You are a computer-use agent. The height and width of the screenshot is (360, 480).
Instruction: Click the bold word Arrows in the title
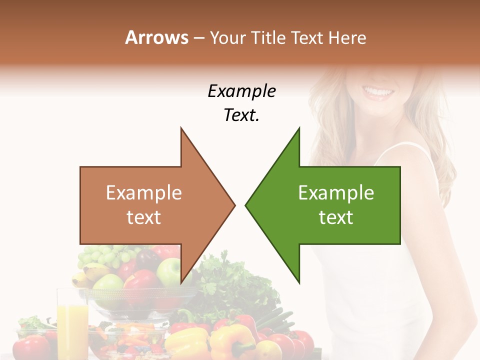[157, 37]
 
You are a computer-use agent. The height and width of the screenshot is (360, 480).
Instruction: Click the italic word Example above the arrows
[241, 91]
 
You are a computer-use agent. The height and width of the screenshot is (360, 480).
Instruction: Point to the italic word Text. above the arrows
[241, 115]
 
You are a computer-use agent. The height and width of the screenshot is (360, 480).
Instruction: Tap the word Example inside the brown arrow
[144, 193]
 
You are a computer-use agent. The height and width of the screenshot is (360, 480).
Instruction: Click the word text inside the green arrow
[336, 217]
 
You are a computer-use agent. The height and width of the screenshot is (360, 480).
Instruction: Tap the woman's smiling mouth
[378, 92]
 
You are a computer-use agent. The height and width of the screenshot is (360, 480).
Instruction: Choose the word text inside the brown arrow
[144, 217]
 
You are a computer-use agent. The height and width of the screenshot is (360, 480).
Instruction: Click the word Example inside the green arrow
[336, 193]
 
